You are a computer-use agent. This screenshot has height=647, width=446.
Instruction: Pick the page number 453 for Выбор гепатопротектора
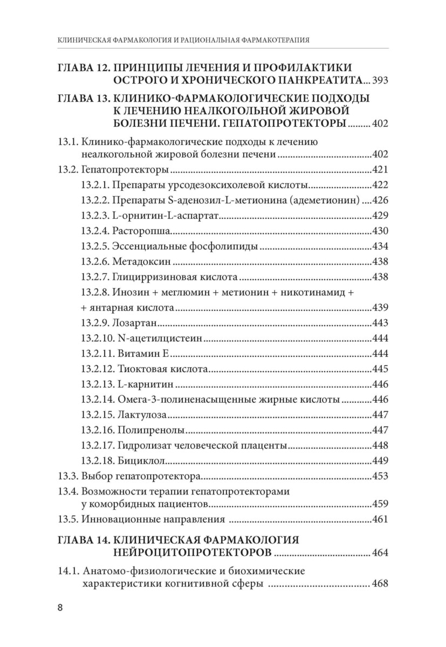click(380, 476)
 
